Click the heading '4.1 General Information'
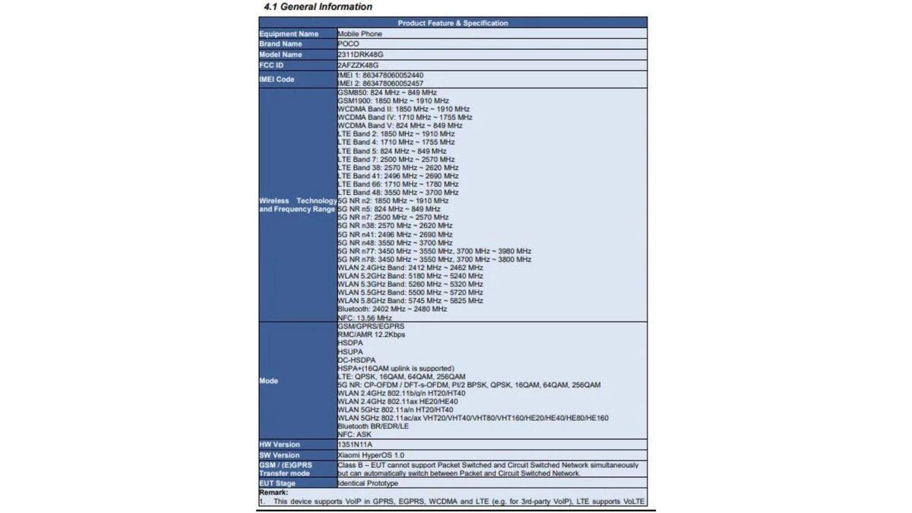[x=318, y=7]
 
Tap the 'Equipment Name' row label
[x=289, y=34]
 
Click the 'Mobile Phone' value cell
[x=360, y=34]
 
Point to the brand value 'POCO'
[x=349, y=44]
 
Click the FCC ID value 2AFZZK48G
[x=358, y=65]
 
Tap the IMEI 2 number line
[x=381, y=83]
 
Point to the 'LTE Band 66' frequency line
[x=398, y=184]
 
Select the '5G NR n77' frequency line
[x=435, y=251]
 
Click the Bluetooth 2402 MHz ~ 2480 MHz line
[x=392, y=309]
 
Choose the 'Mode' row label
[x=268, y=381]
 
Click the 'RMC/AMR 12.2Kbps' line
[x=372, y=334]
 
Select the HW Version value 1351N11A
[x=356, y=445]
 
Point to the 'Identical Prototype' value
[x=369, y=483]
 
